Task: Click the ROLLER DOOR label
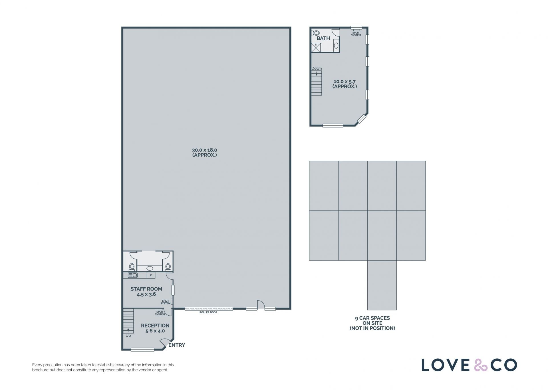[x=208, y=312]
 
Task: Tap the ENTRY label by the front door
[x=177, y=345]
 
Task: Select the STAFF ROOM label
[x=146, y=289]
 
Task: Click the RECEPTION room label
[x=155, y=326]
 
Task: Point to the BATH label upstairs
[x=323, y=38]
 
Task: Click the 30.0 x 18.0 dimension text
[x=204, y=150]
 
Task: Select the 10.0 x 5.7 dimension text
[x=344, y=82]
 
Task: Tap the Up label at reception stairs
[x=128, y=336]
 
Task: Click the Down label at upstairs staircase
[x=317, y=68]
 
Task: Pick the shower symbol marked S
[x=316, y=48]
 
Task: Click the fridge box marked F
[x=151, y=275]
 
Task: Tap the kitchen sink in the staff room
[x=133, y=275]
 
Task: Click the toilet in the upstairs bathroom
[x=316, y=33]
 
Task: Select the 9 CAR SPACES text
[x=372, y=318]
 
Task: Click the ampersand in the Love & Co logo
[x=481, y=365]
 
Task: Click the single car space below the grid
[x=382, y=285]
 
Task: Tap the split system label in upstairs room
[x=356, y=34]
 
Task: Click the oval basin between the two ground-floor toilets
[x=150, y=268]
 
